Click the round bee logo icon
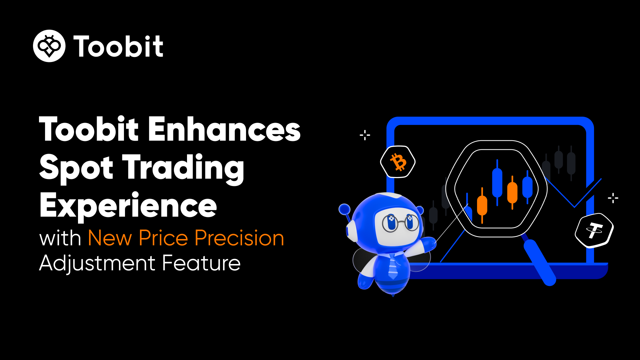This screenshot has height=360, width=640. click(x=49, y=46)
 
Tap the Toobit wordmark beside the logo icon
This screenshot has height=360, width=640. click(x=118, y=46)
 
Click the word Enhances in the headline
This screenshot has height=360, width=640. click(x=224, y=129)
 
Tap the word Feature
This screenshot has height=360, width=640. click(x=201, y=263)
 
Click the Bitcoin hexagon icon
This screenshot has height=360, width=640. click(x=398, y=162)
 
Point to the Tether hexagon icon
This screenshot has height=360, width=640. click(x=594, y=230)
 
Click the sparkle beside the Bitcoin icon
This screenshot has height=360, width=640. click(x=365, y=135)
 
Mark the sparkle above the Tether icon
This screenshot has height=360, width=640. click(x=613, y=198)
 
